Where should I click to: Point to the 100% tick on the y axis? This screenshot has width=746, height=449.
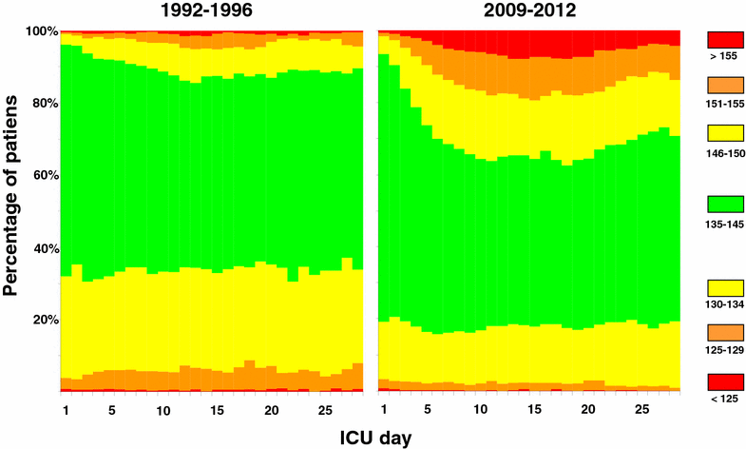(x=41, y=31)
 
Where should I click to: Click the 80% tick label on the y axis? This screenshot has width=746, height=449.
(x=44, y=104)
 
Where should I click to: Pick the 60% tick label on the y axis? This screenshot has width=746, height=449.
(x=44, y=176)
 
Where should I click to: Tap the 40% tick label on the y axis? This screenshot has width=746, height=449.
(x=44, y=248)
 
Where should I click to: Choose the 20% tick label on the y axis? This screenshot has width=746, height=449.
(x=44, y=320)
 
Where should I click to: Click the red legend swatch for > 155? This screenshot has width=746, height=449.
(x=725, y=39)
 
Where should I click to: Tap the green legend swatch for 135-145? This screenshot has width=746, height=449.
(x=725, y=205)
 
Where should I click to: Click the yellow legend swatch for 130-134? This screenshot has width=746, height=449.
(x=725, y=289)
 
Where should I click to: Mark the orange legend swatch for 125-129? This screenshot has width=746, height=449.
(x=725, y=332)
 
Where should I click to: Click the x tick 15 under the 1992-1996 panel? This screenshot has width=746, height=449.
(x=217, y=410)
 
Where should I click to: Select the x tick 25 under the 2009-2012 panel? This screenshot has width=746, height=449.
(x=641, y=410)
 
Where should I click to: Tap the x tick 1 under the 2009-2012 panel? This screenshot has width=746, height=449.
(x=384, y=410)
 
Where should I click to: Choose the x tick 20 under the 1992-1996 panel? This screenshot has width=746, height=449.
(x=271, y=410)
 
